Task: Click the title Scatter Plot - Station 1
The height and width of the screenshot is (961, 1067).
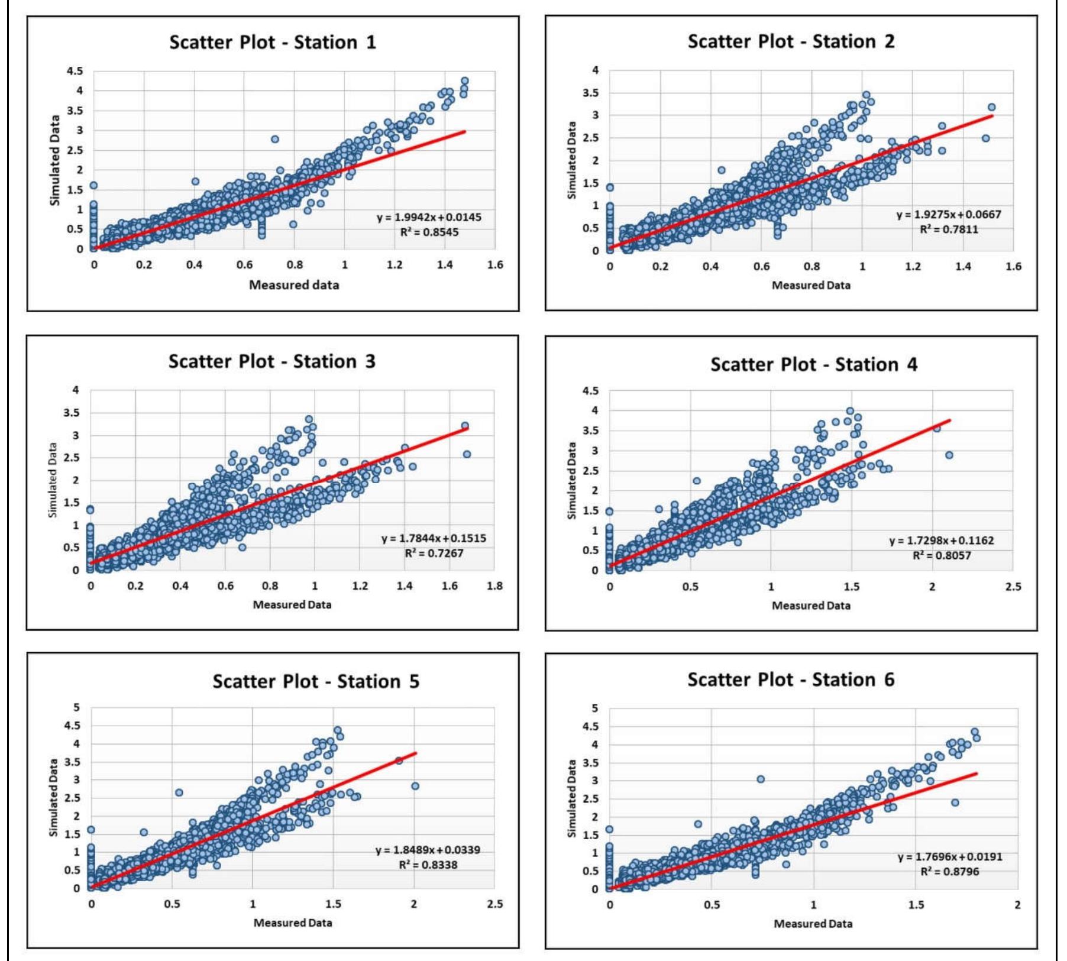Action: pos(273,43)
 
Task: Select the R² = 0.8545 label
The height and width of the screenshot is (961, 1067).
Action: pos(429,232)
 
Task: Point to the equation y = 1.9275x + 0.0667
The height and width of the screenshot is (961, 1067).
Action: pos(949,215)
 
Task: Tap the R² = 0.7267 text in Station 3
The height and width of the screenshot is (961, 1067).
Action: pos(434,553)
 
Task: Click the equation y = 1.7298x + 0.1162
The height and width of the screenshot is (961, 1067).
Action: pos(942,541)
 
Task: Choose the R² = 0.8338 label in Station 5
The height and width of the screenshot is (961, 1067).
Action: pos(428,865)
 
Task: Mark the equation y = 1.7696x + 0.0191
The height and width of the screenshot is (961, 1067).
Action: pos(950,857)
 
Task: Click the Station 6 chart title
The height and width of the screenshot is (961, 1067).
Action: pos(791,680)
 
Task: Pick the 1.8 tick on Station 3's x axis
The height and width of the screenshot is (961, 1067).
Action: pos(494,586)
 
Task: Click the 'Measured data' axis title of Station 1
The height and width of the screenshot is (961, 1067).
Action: pos(294,285)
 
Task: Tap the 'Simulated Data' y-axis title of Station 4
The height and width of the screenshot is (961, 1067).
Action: pos(571,481)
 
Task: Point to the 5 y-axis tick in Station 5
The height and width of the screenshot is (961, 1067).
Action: pos(76,708)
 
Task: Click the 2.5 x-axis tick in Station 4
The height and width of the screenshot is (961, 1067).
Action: pos(1013,587)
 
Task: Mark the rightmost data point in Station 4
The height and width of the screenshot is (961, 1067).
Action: pos(949,455)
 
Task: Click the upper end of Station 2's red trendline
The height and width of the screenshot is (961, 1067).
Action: pos(992,116)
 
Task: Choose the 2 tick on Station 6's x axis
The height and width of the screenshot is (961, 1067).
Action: pos(1017,905)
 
